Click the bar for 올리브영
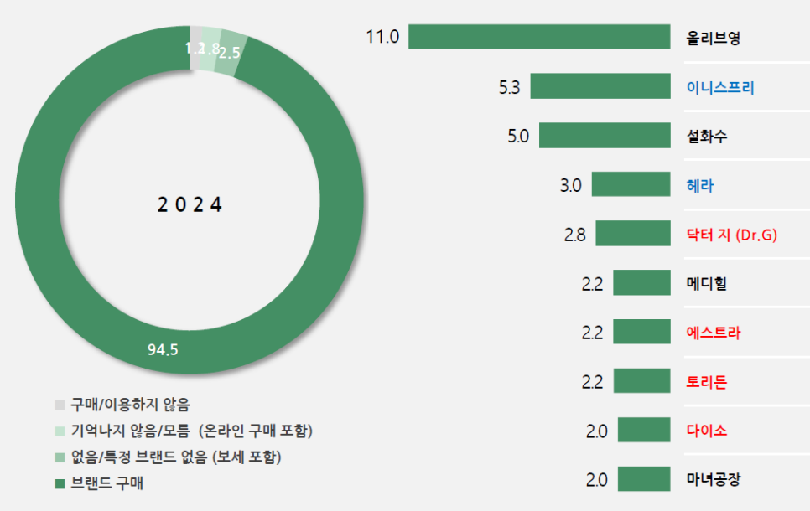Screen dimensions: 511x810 [x=539, y=38]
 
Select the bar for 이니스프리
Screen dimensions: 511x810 [x=600, y=86]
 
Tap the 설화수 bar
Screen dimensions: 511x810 [x=605, y=136]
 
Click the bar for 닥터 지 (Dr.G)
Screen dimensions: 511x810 [x=633, y=234]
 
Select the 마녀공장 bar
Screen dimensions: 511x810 [x=644, y=479]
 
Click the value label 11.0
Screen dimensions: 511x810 [x=382, y=38]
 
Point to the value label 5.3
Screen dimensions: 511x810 [x=509, y=86]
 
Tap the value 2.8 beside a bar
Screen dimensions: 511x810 [x=575, y=234]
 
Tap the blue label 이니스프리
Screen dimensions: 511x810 [x=719, y=86]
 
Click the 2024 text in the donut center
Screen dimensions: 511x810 [x=190, y=204]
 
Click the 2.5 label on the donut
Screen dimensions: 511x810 [x=229, y=52]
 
